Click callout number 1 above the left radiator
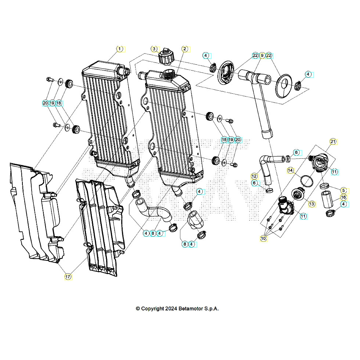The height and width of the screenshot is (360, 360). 119,49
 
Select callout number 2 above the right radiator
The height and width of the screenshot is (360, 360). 185,49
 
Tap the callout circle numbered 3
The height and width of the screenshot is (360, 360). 154,49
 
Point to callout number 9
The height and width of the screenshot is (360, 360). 262,55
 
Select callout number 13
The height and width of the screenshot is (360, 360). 312,204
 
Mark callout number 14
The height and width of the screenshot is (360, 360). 290,170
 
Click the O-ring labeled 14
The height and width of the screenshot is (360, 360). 306,180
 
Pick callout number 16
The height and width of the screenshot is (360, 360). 343,197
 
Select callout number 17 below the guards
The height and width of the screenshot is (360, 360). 68,277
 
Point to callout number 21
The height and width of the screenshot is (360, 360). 333,141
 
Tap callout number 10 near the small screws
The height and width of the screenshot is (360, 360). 263,238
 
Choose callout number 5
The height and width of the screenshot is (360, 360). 343,190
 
